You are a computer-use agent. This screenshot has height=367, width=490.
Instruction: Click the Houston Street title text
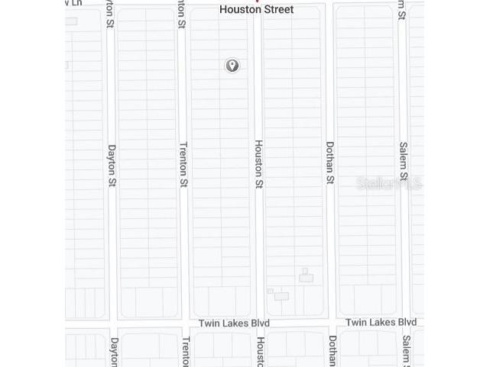pos(257,10)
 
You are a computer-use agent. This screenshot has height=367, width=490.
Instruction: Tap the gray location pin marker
pos(232,66)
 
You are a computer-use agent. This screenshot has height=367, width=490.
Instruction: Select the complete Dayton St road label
pos(112,166)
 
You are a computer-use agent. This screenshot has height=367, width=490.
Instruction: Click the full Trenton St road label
pos(183,164)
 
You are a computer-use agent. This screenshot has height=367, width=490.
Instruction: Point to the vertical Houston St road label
pos(259,164)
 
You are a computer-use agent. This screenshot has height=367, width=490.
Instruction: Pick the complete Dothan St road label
pos(331,163)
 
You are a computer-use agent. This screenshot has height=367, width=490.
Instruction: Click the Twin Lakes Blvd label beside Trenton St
pos(234,324)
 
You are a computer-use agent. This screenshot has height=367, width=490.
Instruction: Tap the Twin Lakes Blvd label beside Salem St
pos(381,323)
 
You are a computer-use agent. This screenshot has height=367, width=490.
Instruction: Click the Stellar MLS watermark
pos(390,183)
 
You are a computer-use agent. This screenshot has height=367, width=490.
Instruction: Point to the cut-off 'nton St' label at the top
pos(182,11)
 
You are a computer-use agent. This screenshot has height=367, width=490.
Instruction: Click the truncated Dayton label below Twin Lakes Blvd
pos(115,352)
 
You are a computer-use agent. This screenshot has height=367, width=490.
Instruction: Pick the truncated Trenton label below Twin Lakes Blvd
pos(186,352)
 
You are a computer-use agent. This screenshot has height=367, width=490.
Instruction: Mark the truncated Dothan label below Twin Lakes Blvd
pos(333,351)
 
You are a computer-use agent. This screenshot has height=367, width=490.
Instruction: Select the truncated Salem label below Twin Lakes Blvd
pos(406,351)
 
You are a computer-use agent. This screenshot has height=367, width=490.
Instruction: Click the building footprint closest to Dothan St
pos(306,276)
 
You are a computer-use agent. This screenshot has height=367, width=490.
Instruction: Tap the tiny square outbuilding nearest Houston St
pos(270,291)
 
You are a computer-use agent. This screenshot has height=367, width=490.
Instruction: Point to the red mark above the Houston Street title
pos(257,2)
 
